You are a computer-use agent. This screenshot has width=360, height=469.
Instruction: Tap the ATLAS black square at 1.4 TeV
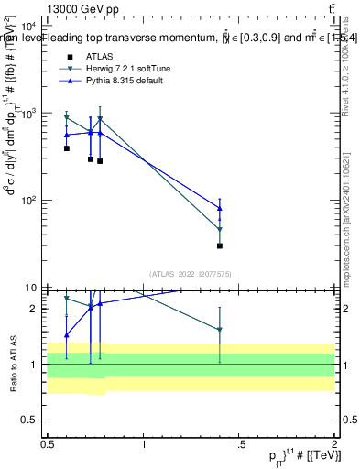[x=220, y=245]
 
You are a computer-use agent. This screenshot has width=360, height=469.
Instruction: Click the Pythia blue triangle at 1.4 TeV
[x=220, y=208]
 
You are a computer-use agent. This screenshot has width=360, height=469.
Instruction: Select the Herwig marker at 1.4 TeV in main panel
[x=220, y=230]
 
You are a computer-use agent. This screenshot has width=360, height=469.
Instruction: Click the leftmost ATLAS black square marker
[x=67, y=148]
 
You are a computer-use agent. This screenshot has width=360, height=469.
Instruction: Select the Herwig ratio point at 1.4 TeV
[x=220, y=330]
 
